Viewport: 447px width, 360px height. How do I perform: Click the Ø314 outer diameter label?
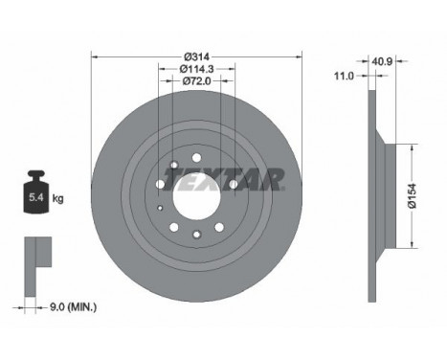pyautogui.click(x=197, y=56)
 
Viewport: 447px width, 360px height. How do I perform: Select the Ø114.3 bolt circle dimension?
pyautogui.click(x=197, y=69)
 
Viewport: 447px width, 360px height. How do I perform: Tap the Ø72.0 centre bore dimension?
pyautogui.click(x=197, y=81)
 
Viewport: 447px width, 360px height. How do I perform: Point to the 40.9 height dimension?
pyautogui.click(x=382, y=61)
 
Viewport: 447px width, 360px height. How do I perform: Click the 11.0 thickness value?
pyautogui.click(x=344, y=76)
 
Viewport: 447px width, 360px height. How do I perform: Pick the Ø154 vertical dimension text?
pyautogui.click(x=413, y=195)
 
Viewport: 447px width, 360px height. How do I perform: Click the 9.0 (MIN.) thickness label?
pyautogui.click(x=73, y=307)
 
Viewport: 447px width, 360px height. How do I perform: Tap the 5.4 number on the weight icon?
pyautogui.click(x=36, y=197)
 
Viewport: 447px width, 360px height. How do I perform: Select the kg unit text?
pyautogui.click(x=57, y=198)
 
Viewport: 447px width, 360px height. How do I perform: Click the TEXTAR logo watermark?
pyautogui.click(x=223, y=179)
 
